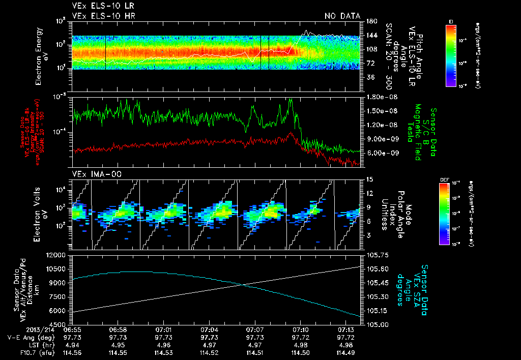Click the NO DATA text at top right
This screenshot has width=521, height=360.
(x=342, y=16)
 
